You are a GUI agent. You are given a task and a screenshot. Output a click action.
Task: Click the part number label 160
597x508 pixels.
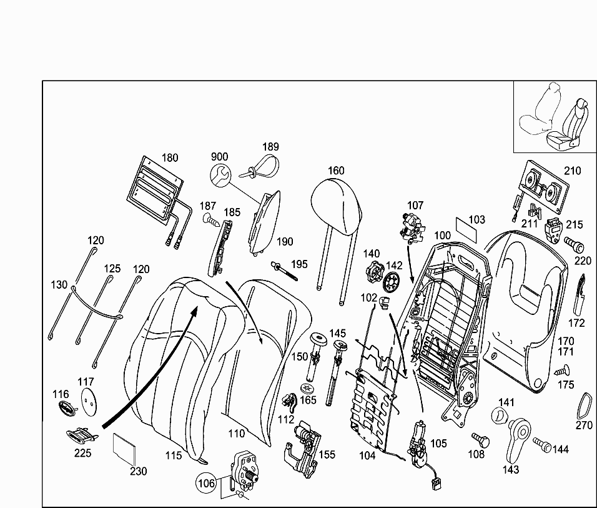336,171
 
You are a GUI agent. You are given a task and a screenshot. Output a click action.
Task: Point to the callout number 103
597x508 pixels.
476,220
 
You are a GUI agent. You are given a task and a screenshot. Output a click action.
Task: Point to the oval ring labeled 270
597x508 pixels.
586,407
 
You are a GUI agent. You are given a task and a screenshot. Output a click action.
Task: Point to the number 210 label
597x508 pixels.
572,171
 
